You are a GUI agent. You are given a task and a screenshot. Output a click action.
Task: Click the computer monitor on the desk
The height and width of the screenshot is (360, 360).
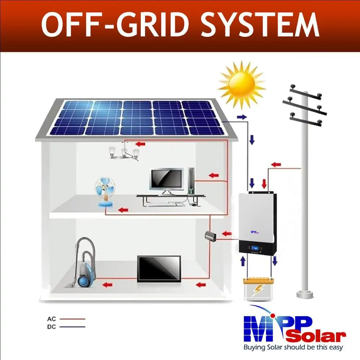166,180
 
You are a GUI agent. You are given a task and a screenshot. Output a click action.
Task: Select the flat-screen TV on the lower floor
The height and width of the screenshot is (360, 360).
159,269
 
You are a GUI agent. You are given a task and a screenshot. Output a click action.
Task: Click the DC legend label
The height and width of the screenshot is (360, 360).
51,327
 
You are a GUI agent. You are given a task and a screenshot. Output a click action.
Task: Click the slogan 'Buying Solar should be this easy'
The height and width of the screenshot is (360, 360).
293,348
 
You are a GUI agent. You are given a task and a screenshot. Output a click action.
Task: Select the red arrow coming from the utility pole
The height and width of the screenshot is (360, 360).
276,165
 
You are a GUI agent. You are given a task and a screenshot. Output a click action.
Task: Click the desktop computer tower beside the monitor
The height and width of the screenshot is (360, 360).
191,180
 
